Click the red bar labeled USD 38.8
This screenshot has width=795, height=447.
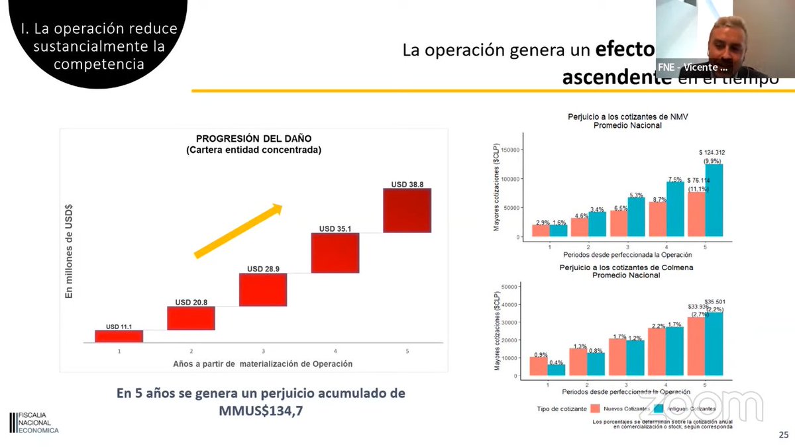click(x=407, y=210)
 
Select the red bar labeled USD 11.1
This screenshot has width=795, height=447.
click(x=119, y=336)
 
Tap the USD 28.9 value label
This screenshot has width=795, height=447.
click(x=263, y=269)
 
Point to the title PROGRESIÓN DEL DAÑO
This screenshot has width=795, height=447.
click(x=254, y=138)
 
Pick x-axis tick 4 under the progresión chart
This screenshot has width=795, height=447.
click(x=335, y=351)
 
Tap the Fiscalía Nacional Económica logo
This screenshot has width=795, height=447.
click(x=34, y=422)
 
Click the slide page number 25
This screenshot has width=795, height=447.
click(x=782, y=435)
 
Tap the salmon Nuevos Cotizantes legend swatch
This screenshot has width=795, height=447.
click(x=595, y=409)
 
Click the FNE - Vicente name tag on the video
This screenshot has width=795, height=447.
click(x=692, y=67)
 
